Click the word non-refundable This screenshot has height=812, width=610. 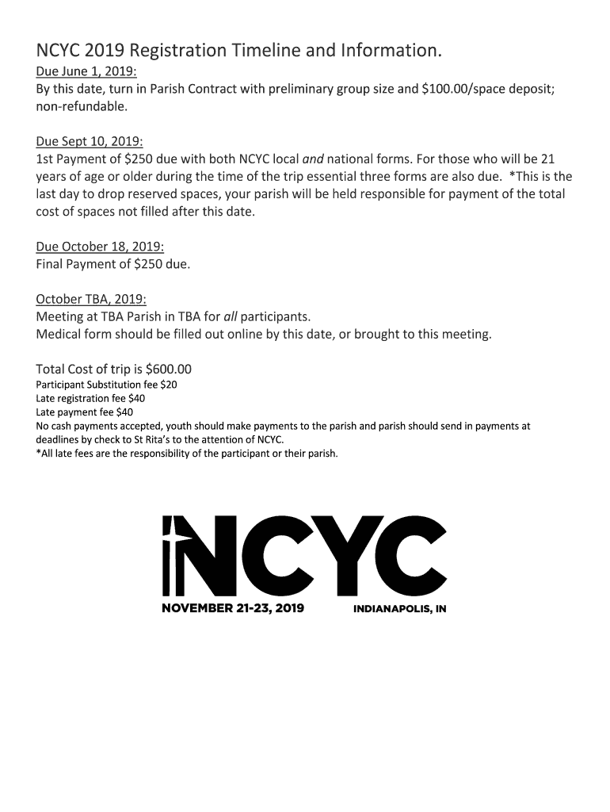pyautogui.click(x=82, y=105)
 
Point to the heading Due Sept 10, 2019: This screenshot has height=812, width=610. pyautogui.click(x=89, y=142)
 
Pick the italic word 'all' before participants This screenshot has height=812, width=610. pyautogui.click(x=232, y=316)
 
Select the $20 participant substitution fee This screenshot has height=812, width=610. pyautogui.click(x=169, y=385)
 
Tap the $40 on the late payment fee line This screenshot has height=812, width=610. pyautogui.click(x=124, y=412)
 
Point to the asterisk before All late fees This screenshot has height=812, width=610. pyautogui.click(x=38, y=453)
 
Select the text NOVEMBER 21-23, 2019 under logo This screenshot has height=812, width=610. pyautogui.click(x=233, y=610)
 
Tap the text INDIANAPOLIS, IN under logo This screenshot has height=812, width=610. pyautogui.click(x=400, y=611)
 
